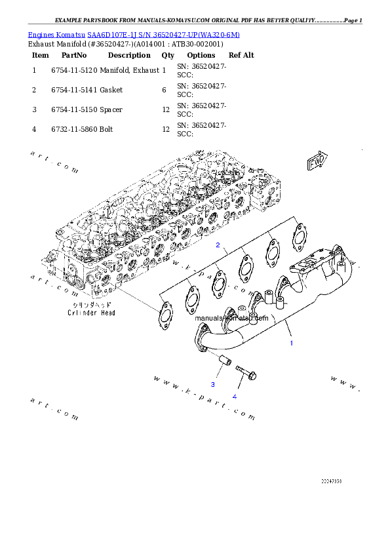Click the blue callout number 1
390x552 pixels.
point(292,343)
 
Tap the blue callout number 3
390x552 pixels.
point(212,384)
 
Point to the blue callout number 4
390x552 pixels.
point(234,396)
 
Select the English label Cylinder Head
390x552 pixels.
point(91,313)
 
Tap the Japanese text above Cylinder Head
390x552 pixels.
point(91,306)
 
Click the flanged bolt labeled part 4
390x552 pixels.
point(244,372)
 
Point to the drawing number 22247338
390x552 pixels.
point(331,481)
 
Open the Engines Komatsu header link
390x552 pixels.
point(57,34)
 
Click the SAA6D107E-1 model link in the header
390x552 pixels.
point(113,34)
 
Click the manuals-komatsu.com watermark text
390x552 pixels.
point(231,318)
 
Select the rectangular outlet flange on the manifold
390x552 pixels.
point(312,263)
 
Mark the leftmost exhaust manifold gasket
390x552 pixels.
point(163,314)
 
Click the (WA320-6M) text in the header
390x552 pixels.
point(216,34)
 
